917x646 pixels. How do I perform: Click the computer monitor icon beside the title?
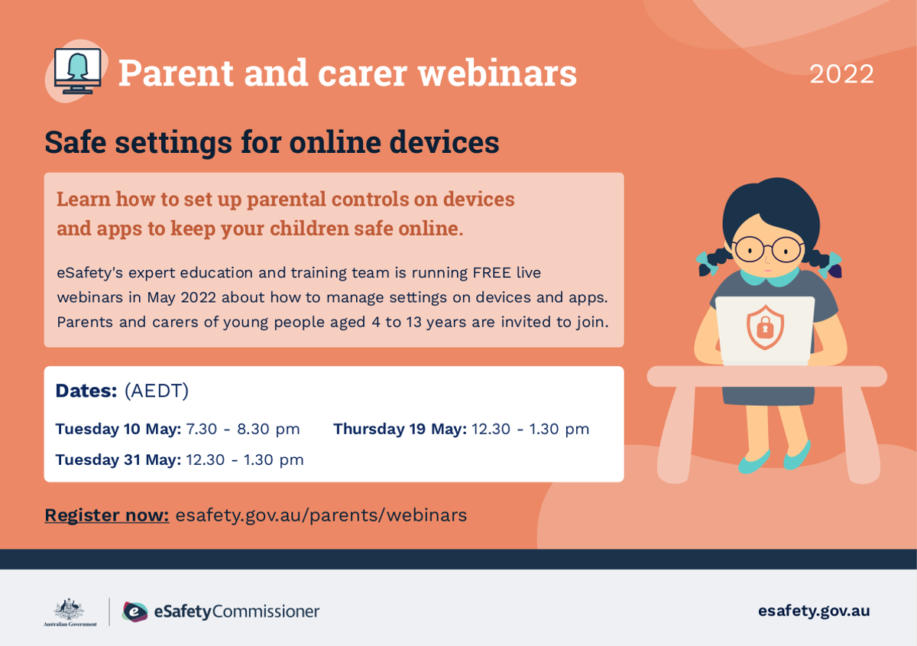[x=78, y=71]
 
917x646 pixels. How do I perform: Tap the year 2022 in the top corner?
[x=841, y=74]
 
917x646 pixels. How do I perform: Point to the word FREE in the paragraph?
[x=491, y=273]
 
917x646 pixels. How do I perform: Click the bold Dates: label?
[x=86, y=391]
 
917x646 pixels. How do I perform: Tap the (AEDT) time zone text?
[x=157, y=391]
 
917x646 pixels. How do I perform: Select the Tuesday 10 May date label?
[x=118, y=429]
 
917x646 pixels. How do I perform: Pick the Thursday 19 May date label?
[x=400, y=429]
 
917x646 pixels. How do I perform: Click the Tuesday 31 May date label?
[x=118, y=459]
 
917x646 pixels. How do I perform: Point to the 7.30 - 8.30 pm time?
[x=243, y=429]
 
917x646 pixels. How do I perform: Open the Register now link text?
[x=107, y=515]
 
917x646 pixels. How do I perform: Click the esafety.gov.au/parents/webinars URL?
[x=321, y=515]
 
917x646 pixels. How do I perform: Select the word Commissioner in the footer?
[x=266, y=612]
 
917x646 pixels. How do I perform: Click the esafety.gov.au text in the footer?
[x=814, y=611]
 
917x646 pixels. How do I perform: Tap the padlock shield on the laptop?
[x=765, y=327]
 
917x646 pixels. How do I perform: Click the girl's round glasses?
[x=768, y=249]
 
